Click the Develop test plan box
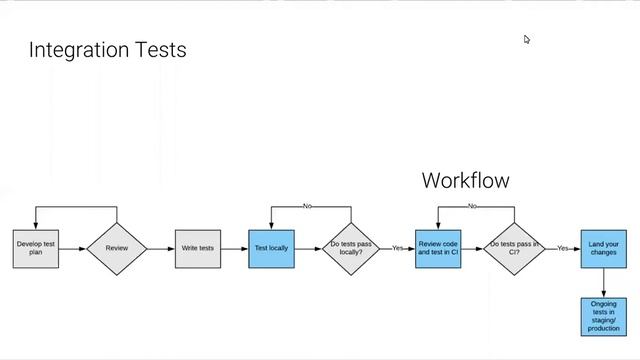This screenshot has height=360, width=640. click(36, 248)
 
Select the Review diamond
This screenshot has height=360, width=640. click(117, 248)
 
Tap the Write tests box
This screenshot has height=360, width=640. click(198, 248)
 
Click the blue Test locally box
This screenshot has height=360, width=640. click(271, 248)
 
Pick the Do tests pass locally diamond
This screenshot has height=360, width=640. click(351, 248)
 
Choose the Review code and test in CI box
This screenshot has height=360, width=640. click(438, 248)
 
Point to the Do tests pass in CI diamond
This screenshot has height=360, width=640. click(514, 248)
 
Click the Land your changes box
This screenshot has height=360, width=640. click(603, 248)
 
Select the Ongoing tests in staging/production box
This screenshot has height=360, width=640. click(603, 315)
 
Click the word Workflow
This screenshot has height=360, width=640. click(465, 180)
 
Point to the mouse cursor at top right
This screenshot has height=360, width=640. click(527, 40)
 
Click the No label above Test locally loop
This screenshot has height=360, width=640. click(307, 206)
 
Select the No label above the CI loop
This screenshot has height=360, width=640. click(472, 206)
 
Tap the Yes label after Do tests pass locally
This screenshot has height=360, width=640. click(397, 248)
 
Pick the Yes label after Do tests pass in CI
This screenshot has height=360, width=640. click(562, 248)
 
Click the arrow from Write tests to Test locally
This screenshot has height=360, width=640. click(235, 248)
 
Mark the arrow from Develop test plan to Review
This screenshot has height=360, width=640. click(73, 248)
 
